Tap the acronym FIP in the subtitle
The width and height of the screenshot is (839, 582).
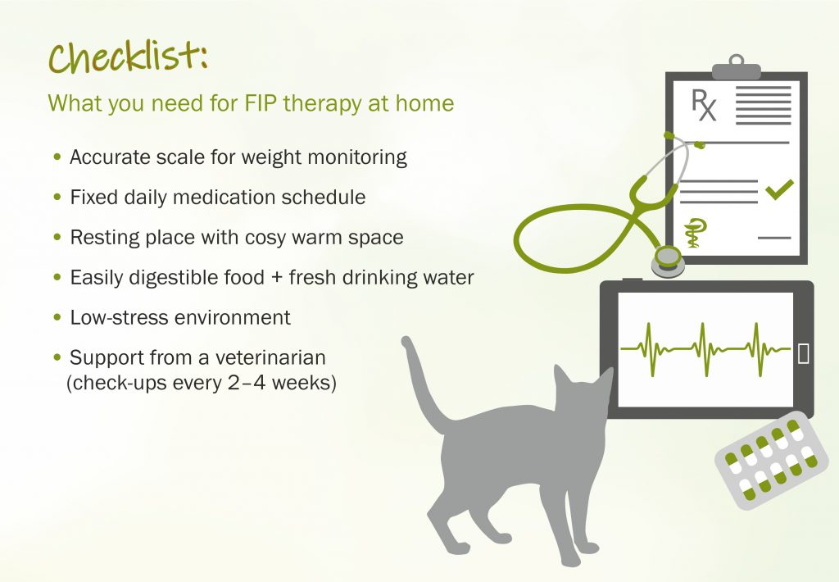[x=261, y=102]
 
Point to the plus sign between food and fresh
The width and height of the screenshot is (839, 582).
[x=277, y=278]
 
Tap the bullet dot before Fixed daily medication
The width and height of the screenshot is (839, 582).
[x=58, y=197]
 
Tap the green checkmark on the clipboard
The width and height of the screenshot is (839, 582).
[x=779, y=189]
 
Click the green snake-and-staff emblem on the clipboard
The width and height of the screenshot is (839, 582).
[x=695, y=233]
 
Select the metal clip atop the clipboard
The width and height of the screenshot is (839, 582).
[x=737, y=67]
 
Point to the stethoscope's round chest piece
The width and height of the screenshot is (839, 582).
[x=668, y=261]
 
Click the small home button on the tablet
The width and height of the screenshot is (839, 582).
[x=803, y=353]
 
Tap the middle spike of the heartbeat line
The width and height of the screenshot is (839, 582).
[x=702, y=349]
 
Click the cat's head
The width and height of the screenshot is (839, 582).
[x=583, y=393]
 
